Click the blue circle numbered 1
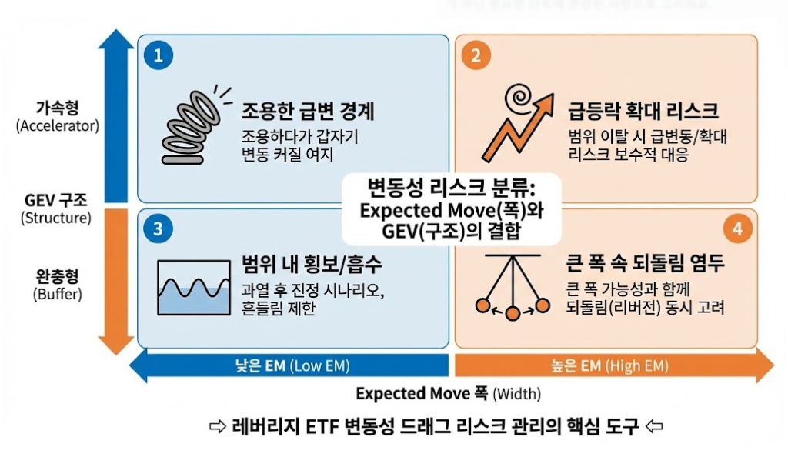[159, 55]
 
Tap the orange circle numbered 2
[476, 55]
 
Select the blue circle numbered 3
[159, 229]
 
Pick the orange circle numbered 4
[738, 229]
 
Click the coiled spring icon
[193, 125]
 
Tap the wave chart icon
[194, 287]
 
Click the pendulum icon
[513, 287]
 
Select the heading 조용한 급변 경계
[308, 111]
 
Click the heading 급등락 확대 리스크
[643, 111]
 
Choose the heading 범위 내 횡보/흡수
[312, 264]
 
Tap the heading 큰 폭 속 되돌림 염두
[646, 263]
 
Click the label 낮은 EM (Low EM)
[292, 365]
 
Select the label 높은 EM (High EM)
[609, 365]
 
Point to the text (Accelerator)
[58, 125]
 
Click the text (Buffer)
[58, 294]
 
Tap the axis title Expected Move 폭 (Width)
[449, 393]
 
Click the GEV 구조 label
[55, 200]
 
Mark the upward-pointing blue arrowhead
[116, 39]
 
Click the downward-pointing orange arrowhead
[116, 345]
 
